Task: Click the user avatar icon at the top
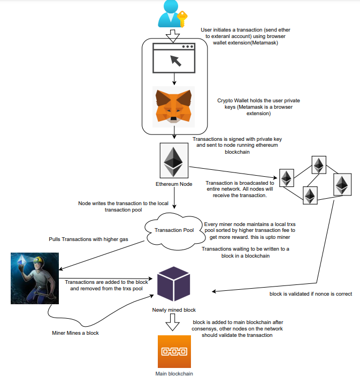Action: click(x=170, y=14)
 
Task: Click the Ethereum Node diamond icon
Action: click(x=173, y=160)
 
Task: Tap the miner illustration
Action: click(x=34, y=278)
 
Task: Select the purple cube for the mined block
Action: click(x=174, y=283)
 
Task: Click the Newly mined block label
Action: click(x=174, y=310)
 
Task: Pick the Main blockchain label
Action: click(x=174, y=373)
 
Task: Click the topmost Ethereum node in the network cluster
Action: click(x=319, y=165)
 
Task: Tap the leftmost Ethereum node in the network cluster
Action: click(x=287, y=178)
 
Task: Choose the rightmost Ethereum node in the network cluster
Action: click(x=342, y=184)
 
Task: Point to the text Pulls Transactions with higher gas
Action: click(x=77, y=239)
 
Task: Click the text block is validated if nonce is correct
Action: click(x=310, y=294)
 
